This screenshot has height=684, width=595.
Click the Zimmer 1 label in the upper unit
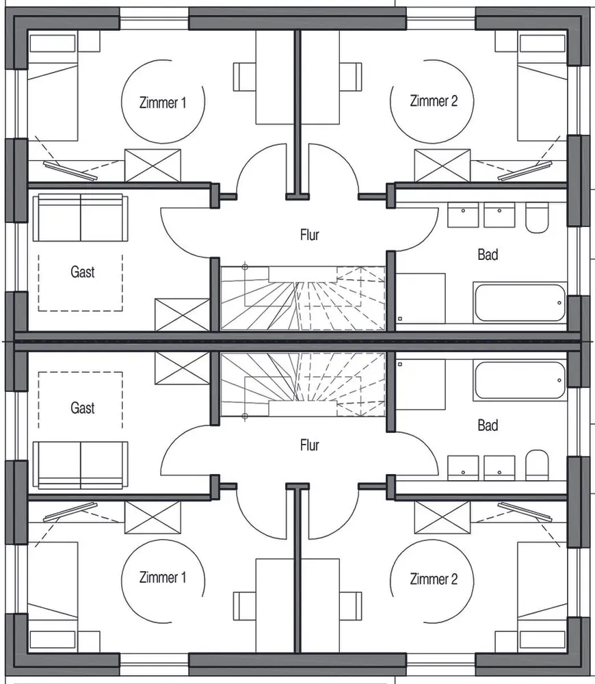pos(163,103)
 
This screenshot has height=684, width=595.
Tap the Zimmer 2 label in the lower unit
pos(434,579)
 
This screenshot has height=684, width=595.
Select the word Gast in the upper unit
pos(83,272)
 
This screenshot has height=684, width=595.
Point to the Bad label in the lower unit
pos(488,425)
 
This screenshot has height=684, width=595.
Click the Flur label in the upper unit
pos(309,235)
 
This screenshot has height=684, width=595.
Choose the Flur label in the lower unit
pos(309,445)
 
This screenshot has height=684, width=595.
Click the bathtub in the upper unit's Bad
pos(520,303)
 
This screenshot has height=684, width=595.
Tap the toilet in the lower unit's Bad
pos(537,465)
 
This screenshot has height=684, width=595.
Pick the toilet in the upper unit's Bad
pos(537,218)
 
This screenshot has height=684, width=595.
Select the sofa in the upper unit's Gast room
pos(80,218)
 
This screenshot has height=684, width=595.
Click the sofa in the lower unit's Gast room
pos(80,465)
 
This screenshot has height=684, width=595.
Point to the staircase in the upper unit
pos(303,298)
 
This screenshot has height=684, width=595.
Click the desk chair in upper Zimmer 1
pos(244,77)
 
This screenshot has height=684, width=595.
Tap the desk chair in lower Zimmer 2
pos(351,606)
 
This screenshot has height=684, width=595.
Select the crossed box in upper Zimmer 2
pos(442,166)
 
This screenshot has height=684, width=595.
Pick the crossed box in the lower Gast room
pos(183,369)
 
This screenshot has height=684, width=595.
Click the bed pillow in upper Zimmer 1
pos(53,43)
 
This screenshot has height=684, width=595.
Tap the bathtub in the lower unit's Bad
pos(520,380)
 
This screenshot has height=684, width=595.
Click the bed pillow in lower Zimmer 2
pos(542,640)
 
